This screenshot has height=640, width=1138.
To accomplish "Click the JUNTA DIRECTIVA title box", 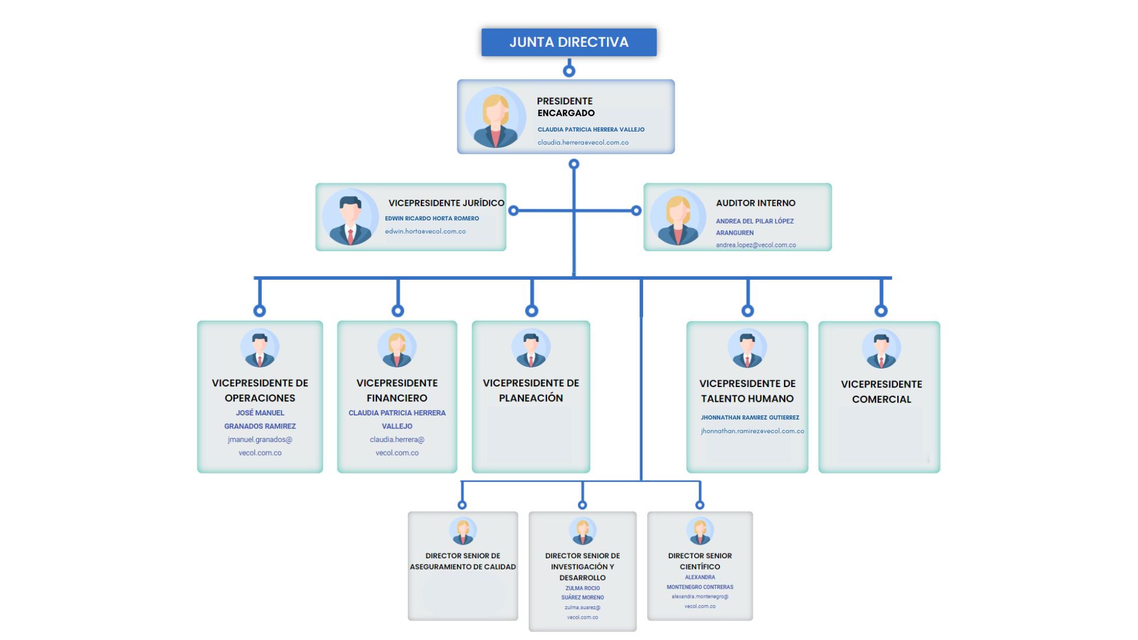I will [568, 42].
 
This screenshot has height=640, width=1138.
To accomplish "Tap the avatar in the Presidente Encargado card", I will [495, 117].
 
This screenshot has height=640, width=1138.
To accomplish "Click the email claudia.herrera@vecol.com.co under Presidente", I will [583, 142].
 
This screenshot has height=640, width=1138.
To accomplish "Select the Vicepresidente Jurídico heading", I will [446, 203].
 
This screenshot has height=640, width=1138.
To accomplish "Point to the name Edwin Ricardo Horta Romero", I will [431, 218].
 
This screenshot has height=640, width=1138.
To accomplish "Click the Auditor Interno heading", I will [755, 203].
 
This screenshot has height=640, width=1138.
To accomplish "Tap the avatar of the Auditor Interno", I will [677, 217].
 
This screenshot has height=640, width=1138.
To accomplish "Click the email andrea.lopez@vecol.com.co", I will [755, 245].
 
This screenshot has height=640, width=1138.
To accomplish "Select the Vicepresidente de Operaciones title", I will [260, 390].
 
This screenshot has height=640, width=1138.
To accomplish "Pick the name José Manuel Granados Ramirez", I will [260, 419].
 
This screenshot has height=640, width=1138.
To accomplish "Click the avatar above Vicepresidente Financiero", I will [397, 348].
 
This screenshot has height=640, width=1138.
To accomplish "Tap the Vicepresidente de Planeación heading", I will [530, 390].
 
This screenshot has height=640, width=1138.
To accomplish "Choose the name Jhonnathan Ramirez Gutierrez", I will [749, 417].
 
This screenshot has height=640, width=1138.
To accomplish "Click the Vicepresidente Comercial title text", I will [881, 391].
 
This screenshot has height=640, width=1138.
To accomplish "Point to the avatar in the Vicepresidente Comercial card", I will [881, 348].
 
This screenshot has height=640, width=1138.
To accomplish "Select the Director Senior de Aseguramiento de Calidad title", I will [462, 561].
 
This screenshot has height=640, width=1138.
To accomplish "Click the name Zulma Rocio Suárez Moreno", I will [582, 593].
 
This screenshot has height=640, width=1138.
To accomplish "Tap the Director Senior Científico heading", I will [699, 561].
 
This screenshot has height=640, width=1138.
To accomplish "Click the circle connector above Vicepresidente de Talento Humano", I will [747, 311].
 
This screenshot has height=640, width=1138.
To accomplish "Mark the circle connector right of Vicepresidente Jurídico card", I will [513, 210].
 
